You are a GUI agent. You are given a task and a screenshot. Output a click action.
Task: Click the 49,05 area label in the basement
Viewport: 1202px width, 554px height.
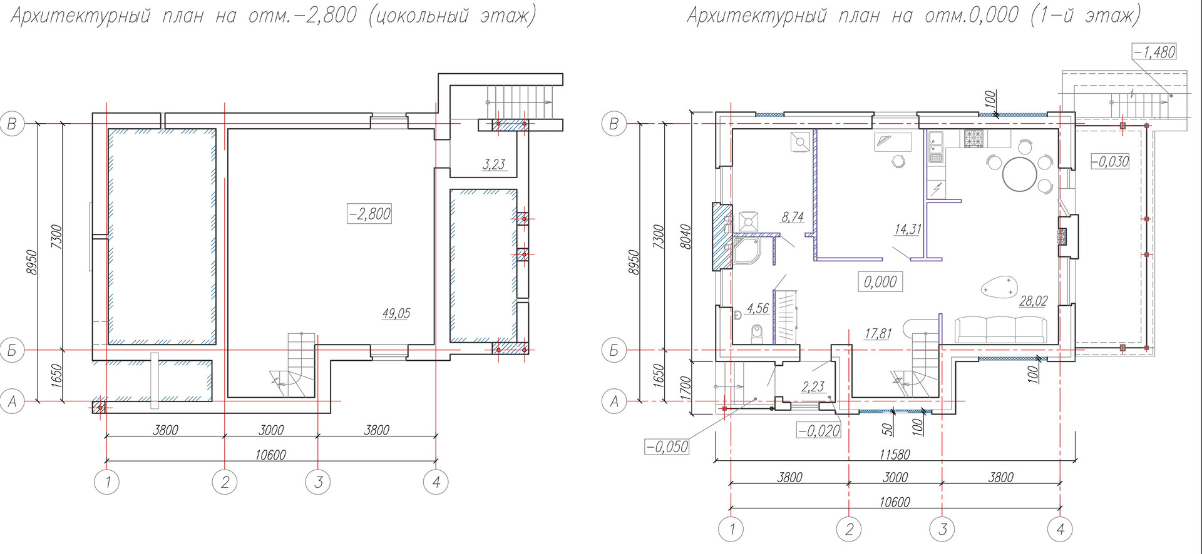click(396, 313)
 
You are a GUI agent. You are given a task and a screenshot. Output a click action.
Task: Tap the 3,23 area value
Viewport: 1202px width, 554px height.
click(494, 164)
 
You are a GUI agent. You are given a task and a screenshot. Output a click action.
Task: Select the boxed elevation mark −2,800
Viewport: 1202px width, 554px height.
click(369, 214)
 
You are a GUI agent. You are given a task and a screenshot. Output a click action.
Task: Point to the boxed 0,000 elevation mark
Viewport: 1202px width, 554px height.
click(880, 282)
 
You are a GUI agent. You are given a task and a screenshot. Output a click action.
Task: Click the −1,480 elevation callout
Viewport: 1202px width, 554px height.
click(1154, 52)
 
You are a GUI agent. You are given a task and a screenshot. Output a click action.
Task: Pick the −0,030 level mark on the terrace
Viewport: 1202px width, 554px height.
click(1111, 161)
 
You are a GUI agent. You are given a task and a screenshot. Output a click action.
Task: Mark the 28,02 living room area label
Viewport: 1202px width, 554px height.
click(1033, 301)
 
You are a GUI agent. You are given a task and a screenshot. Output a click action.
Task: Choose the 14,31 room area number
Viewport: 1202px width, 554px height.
click(907, 229)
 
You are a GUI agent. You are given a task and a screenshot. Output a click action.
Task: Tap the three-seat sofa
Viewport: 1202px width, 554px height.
click(1001, 329)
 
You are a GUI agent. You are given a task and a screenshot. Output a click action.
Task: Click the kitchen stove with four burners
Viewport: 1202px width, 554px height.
click(974, 138)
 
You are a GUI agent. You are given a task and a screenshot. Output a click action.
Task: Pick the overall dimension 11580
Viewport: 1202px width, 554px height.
click(894, 455)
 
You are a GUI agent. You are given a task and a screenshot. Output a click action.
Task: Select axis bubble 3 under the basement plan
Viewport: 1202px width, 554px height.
click(318, 482)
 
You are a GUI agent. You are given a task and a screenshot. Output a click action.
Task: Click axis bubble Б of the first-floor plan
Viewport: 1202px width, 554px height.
click(614, 351)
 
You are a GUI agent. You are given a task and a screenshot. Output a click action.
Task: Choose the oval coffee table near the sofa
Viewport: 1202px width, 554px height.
click(998, 287)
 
